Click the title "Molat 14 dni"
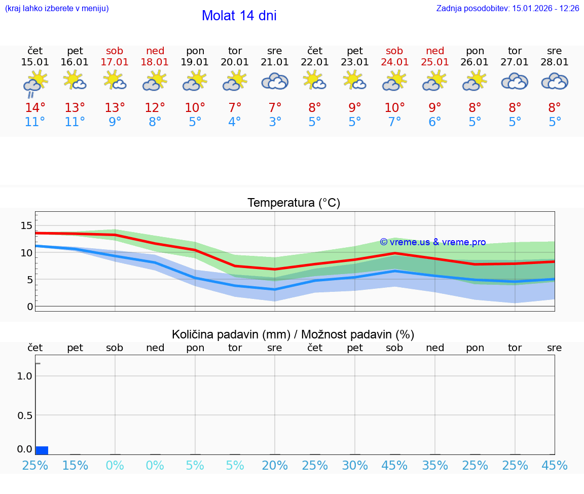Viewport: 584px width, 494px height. pos(239,16)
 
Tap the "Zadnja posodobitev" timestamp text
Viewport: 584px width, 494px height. pos(507,8)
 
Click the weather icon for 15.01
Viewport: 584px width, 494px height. pos(35,82)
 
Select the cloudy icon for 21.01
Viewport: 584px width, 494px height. pos(275,81)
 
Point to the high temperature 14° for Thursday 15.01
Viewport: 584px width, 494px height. pos(35,108)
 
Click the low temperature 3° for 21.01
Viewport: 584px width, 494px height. pos(275,122)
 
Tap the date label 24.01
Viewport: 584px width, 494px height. pos(394,62)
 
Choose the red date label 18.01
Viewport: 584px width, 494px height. pos(155,62)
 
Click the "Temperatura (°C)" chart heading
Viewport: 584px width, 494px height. pos(294,203)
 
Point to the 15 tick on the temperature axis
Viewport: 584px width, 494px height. pos(26,225)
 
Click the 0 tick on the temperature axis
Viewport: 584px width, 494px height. pos(30,307)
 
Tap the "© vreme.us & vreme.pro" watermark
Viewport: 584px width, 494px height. pos(432,242)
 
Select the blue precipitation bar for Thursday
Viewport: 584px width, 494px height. pos(42,450)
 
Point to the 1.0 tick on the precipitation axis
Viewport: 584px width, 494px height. pos(25,376)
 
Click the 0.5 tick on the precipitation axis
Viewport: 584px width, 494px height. pos(25,415)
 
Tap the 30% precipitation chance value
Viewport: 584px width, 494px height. pos(355,466)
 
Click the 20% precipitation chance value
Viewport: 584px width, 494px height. pos(275,466)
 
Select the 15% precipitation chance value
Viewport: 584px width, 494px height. pos(75,466)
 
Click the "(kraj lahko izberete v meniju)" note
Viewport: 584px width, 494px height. pos(57,8)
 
